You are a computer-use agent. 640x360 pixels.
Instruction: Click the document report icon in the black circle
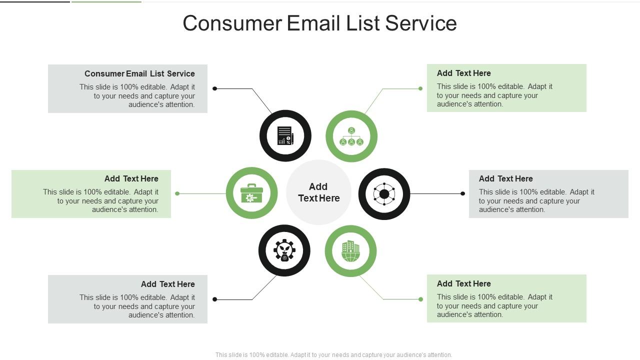tap(285, 135)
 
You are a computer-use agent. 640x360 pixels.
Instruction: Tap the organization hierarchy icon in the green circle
tap(351, 136)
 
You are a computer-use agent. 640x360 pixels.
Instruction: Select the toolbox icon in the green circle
tap(251, 193)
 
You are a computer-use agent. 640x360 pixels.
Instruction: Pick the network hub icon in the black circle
tap(384, 194)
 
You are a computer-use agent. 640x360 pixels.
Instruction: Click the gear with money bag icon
tap(284, 250)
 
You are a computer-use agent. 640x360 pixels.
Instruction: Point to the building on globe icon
tap(350, 251)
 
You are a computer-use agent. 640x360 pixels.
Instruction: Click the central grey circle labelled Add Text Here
tap(318, 192)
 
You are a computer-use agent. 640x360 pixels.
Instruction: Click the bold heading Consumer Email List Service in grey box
tap(139, 73)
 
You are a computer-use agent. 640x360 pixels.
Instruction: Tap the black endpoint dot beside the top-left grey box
tap(215, 88)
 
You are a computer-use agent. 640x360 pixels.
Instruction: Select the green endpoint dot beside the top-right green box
tap(420, 88)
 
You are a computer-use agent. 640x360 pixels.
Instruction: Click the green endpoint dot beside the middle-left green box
tap(177, 193)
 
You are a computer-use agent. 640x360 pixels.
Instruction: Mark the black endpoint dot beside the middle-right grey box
tap(462, 193)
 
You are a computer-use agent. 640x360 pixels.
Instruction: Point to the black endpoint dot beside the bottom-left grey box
tap(215, 299)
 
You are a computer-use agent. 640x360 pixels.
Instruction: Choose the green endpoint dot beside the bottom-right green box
tap(420, 299)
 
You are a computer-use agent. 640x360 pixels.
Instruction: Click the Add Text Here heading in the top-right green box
tap(463, 73)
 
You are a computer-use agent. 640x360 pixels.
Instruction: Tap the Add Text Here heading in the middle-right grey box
tap(505, 178)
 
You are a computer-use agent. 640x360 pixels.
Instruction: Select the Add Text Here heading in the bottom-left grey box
tap(167, 284)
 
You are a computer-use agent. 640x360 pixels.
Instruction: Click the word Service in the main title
tap(421, 23)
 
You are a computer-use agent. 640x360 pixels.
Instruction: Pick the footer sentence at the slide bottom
tap(333, 355)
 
